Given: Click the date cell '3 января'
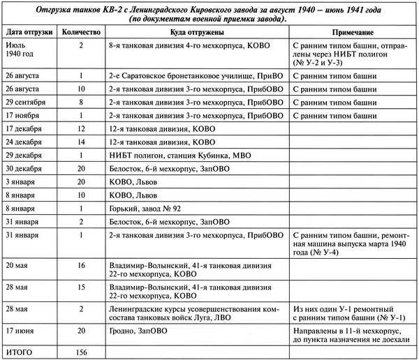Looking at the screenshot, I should [21, 181].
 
